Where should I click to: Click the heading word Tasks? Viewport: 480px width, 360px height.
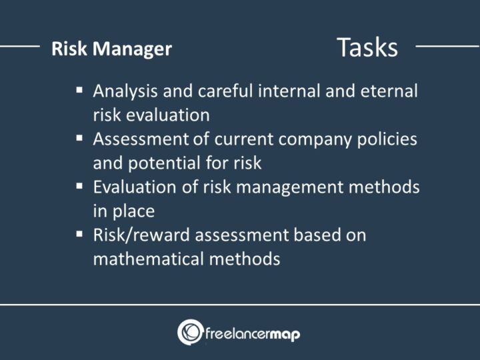point(367,47)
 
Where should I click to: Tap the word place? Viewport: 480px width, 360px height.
point(133,211)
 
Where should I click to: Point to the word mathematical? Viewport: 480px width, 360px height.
point(151,259)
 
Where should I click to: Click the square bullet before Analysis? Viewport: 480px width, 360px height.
point(79,89)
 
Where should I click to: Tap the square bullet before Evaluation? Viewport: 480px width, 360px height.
point(79,185)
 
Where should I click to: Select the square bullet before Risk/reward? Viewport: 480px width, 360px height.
point(79,233)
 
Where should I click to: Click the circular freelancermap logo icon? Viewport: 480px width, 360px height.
point(190,332)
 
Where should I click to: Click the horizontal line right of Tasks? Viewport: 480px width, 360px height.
point(447,47)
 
